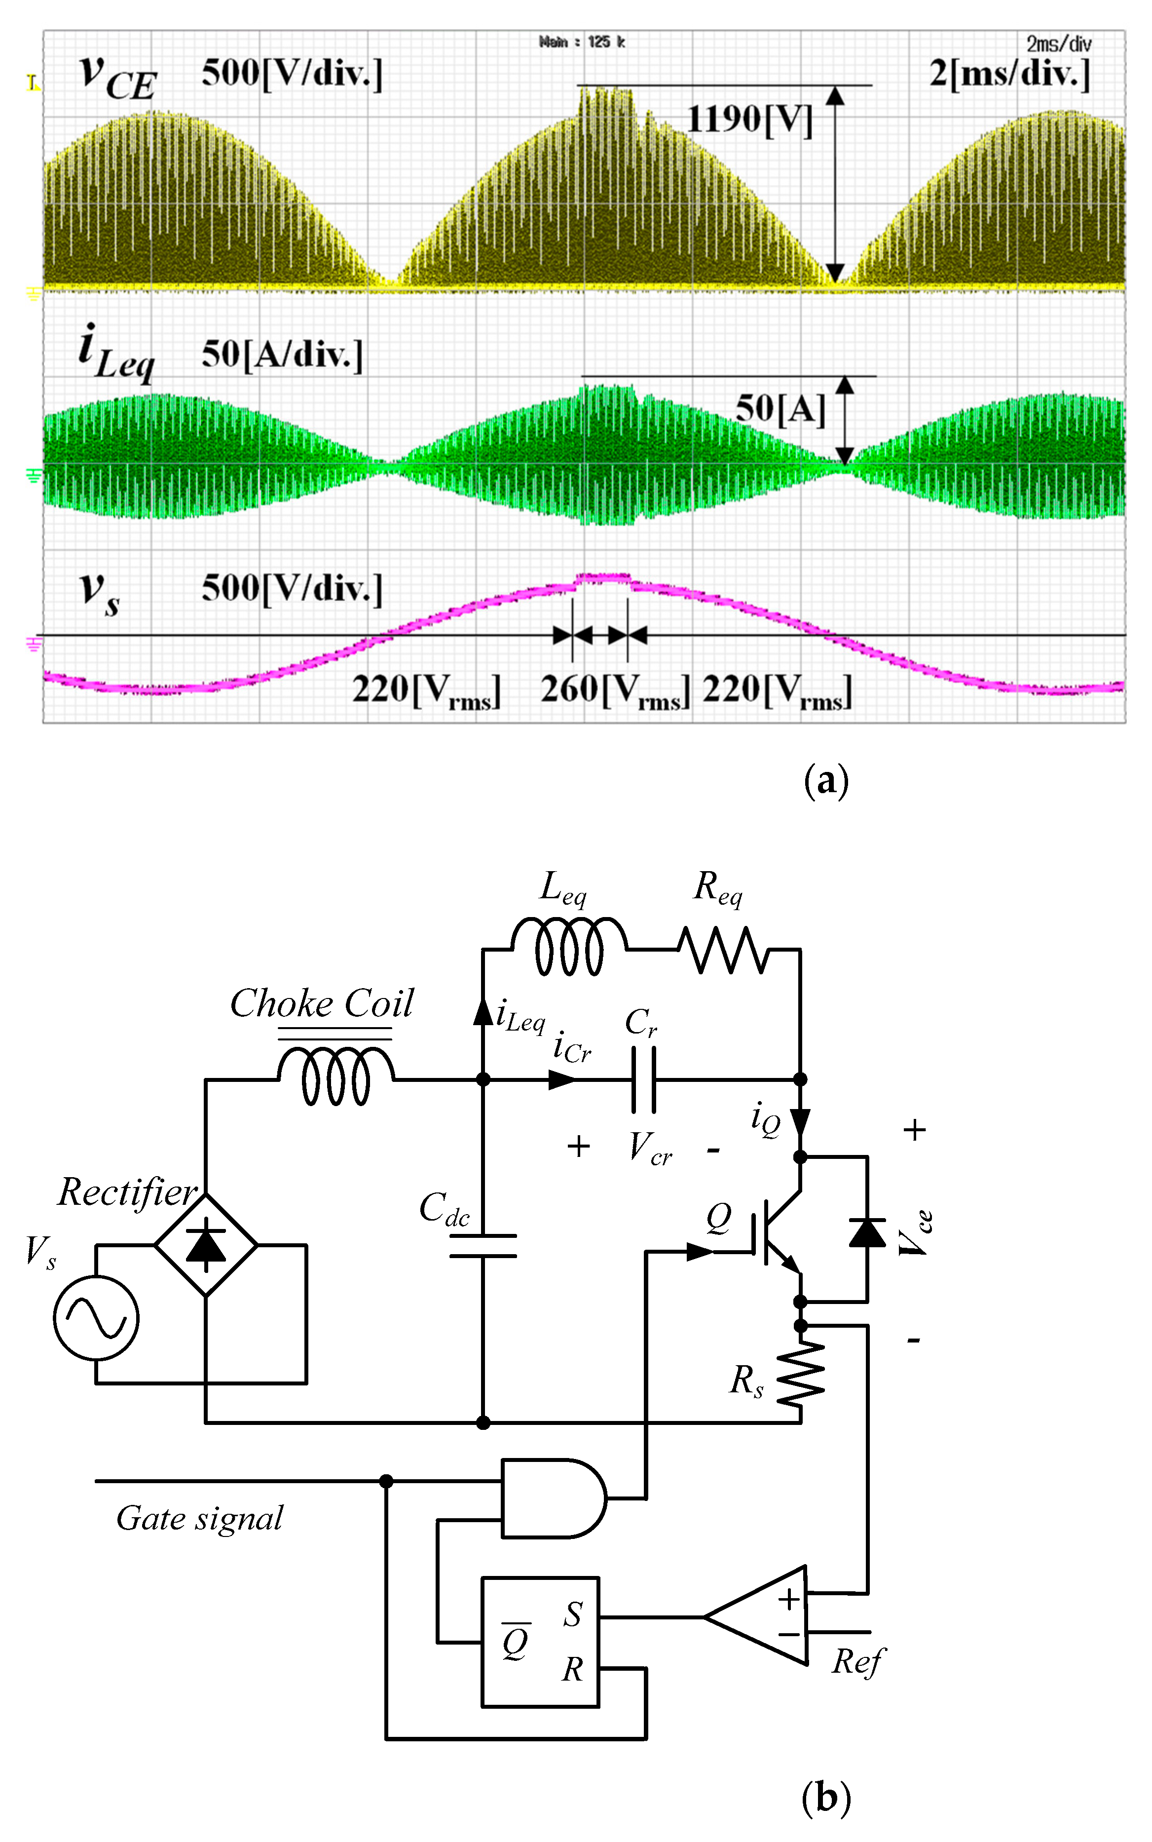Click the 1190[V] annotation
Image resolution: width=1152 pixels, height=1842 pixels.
click(750, 119)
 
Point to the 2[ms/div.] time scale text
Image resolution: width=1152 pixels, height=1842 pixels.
click(1009, 74)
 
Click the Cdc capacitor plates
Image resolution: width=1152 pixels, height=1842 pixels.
click(483, 1245)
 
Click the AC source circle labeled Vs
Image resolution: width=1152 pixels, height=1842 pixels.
click(96, 1318)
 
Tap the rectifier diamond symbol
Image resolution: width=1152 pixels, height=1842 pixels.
click(206, 1244)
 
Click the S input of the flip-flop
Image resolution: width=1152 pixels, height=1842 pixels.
click(573, 1614)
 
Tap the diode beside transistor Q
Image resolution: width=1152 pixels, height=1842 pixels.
click(867, 1232)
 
